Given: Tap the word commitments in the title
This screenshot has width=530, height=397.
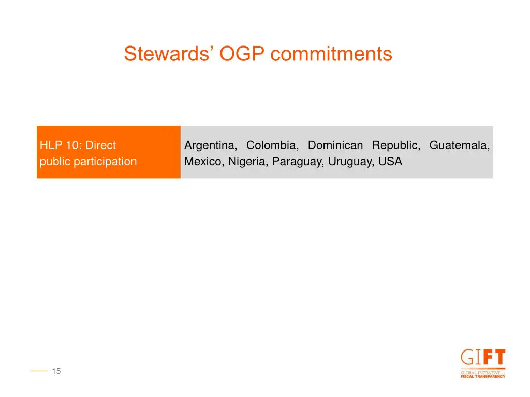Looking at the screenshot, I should pyautogui.click(x=331, y=54).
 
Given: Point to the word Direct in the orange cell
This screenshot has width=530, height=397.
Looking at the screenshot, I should pyautogui.click(x=100, y=146).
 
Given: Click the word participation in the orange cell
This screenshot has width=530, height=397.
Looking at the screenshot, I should pyautogui.click(x=105, y=162).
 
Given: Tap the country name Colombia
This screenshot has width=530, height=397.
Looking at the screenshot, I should pyautogui.click(x=272, y=146).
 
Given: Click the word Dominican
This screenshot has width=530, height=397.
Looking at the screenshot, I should pyautogui.click(x=335, y=146).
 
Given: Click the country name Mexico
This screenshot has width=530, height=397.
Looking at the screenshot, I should pyautogui.click(x=203, y=162).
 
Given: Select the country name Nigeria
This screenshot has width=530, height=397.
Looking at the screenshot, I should pyautogui.click(x=248, y=162).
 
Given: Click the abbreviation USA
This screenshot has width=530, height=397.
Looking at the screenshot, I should pyautogui.click(x=390, y=162).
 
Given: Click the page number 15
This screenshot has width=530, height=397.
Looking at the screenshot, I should pyautogui.click(x=56, y=371).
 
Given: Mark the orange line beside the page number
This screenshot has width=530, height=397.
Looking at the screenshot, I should pyautogui.click(x=39, y=371).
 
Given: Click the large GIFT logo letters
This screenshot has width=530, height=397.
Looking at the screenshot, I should pyautogui.click(x=482, y=358).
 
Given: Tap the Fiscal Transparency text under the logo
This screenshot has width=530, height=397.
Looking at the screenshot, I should pyautogui.click(x=482, y=376).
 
